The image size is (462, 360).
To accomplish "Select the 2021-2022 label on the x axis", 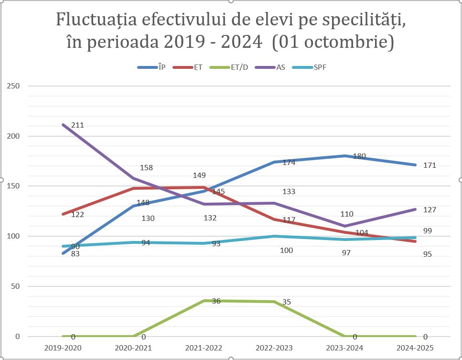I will click(204, 348).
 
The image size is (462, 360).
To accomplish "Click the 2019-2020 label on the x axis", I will click(63, 348).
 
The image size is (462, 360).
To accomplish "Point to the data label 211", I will click(77, 125).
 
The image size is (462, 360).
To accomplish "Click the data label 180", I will click(359, 156).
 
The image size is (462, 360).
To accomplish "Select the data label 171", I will click(430, 165).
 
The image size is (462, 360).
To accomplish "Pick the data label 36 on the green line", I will click(216, 301).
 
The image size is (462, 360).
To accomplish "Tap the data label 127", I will click(430, 210).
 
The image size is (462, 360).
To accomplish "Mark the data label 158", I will click(147, 168).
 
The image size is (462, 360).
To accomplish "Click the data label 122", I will click(77, 215).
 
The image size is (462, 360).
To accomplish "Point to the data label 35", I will click(287, 302).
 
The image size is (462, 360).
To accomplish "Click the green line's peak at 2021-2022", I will click(204, 301).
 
